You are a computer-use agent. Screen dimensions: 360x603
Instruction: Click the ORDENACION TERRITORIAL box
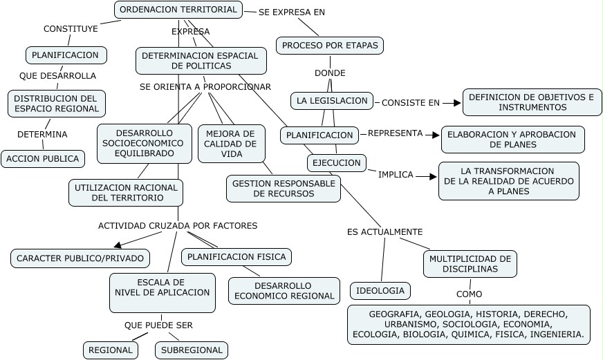pos(178,10)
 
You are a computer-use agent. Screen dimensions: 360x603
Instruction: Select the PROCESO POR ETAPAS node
pos(330,46)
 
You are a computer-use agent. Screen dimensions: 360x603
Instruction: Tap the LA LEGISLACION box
pos(332,101)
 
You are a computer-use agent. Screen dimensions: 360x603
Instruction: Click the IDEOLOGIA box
pos(380,291)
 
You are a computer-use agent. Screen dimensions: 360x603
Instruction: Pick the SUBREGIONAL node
pos(192,350)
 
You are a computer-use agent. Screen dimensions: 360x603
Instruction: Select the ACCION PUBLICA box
pos(43,159)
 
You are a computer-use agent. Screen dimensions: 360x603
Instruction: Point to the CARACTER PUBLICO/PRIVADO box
pos(80,259)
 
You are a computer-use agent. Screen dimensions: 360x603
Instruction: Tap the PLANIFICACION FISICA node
pos(236,257)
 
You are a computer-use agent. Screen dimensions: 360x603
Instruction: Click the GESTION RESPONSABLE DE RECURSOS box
pos(284,189)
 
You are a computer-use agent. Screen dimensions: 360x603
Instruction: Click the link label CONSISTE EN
pos(411,103)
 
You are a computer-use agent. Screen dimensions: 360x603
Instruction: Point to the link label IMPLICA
pos(396,175)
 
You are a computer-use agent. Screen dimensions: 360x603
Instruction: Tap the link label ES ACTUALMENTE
pos(384,232)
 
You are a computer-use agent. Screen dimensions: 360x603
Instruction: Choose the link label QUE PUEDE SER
pos(158,325)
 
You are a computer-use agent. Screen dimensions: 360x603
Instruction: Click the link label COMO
pos(469,294)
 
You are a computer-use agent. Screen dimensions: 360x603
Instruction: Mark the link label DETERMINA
pos(42,134)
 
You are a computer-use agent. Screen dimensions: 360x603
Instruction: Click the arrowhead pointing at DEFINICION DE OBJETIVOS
pos(456,103)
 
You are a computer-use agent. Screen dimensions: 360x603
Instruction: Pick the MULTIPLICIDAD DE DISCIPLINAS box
pos(470,263)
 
